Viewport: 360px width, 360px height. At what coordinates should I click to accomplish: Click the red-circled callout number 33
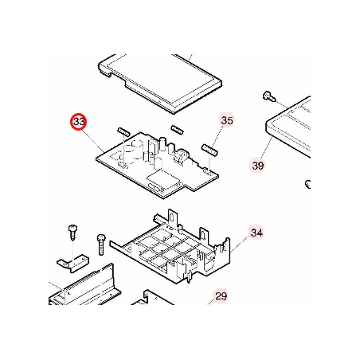pos(79,122)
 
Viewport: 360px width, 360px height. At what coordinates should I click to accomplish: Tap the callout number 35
pos(227,120)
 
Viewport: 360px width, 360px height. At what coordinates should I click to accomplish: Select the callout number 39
pos(257,166)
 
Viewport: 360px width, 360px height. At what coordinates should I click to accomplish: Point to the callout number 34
pos(256,233)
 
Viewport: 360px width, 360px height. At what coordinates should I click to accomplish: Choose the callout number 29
pos(221,295)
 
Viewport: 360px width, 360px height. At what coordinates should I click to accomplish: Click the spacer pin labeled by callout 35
pos(209,150)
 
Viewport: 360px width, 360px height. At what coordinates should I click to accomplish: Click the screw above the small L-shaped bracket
pos(72,233)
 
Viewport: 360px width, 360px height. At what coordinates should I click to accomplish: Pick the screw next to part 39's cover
pos(269,96)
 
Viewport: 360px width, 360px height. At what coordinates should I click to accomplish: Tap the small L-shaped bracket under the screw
pos(73,263)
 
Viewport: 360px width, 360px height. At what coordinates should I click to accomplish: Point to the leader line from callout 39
pos(266,148)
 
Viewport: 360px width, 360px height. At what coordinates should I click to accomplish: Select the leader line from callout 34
pos(240,244)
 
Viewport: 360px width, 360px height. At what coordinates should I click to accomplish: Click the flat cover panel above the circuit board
pos(160,83)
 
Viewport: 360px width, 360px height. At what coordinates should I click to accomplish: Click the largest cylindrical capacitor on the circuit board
pos(137,149)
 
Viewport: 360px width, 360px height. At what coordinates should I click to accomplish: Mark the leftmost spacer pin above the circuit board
pos(123,131)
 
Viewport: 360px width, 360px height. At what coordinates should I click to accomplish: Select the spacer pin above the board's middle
pos(177,129)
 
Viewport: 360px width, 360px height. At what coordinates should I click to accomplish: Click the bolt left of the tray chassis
pos(101,245)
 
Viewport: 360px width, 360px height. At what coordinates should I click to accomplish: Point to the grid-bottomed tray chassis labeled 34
pos(170,246)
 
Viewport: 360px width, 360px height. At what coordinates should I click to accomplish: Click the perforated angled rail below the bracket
pos(85,285)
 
